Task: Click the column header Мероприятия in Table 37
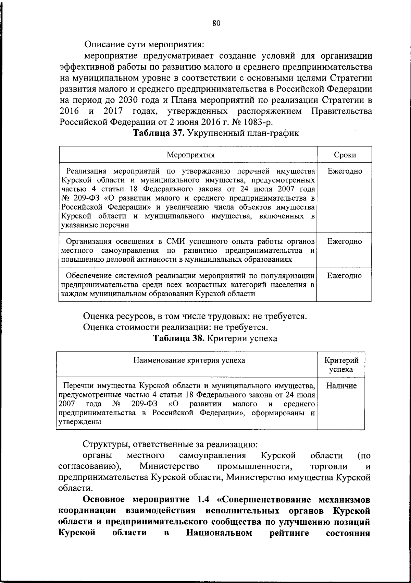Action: (190, 155)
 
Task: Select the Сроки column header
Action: (345, 155)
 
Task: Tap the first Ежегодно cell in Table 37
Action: (345, 171)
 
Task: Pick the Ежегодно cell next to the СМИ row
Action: (345, 241)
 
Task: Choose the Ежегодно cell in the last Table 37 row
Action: (345, 276)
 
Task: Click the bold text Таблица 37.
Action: (159, 133)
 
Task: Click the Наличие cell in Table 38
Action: (341, 386)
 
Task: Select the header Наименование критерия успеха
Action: (189, 360)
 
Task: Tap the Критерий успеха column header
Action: (341, 365)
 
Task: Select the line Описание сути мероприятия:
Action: (144, 45)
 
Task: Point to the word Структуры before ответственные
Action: (105, 444)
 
